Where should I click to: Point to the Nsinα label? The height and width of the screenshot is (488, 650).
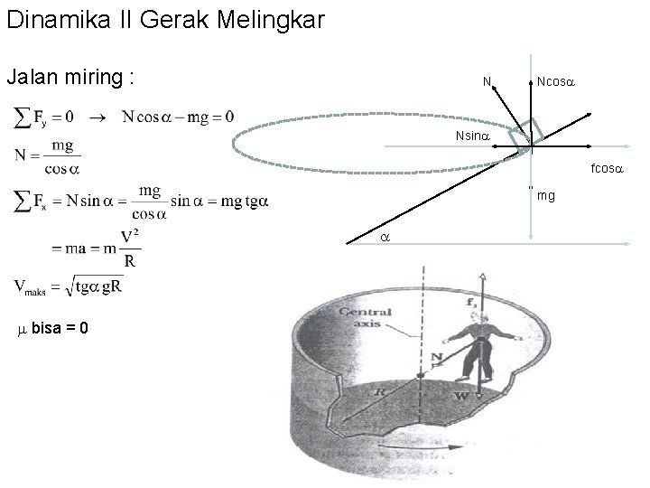(x=472, y=135)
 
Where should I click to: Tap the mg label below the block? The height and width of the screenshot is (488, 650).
(x=545, y=194)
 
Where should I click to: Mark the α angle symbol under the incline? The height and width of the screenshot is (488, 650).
(x=384, y=236)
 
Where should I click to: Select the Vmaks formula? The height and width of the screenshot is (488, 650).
(x=69, y=287)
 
